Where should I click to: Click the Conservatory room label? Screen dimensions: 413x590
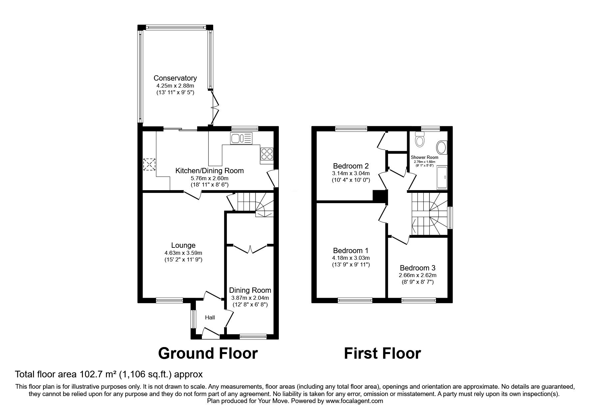[175, 78]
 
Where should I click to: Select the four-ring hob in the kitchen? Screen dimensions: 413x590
[267, 155]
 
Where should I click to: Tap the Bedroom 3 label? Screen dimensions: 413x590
[417, 268]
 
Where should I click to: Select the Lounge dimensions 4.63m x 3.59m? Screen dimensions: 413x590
[183, 253]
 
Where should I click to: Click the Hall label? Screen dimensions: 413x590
[210, 318]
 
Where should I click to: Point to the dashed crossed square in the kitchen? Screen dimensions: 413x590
[149, 164]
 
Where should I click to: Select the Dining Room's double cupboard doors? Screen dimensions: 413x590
[250, 249]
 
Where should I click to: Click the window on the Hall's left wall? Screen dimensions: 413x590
[193, 319]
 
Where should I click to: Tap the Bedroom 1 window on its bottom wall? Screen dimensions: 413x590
[355, 300]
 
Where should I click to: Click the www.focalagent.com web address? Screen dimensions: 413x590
[354, 401]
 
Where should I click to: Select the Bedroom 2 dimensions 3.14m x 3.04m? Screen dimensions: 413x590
[351, 173]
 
